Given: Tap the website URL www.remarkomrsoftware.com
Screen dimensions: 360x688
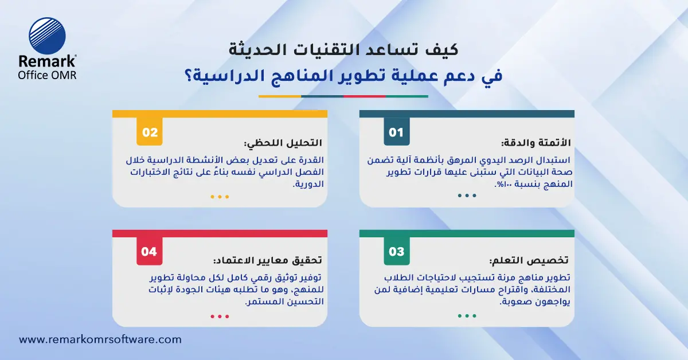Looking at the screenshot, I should (x=100, y=339).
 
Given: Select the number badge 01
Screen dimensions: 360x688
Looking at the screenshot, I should (x=396, y=132).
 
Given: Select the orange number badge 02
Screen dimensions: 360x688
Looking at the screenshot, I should (x=150, y=132).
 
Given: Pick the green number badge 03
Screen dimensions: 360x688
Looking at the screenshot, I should (x=396, y=252).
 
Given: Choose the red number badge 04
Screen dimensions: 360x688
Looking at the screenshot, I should (x=149, y=252).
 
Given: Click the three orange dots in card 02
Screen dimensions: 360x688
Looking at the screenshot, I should (x=220, y=197).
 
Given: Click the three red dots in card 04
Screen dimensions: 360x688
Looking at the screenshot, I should (x=220, y=316).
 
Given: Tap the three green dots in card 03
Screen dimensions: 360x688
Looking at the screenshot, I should (x=467, y=316).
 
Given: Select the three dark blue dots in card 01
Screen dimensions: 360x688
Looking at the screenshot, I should (x=467, y=195).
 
